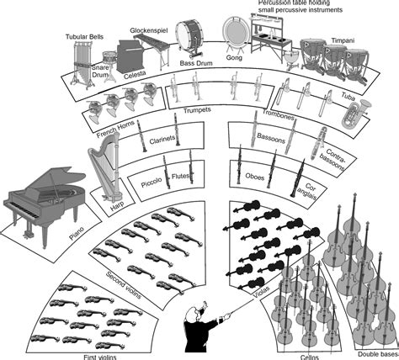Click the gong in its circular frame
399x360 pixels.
(x=235, y=34)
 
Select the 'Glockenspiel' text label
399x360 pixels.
(x=149, y=30)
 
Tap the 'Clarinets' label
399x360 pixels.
(x=161, y=140)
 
